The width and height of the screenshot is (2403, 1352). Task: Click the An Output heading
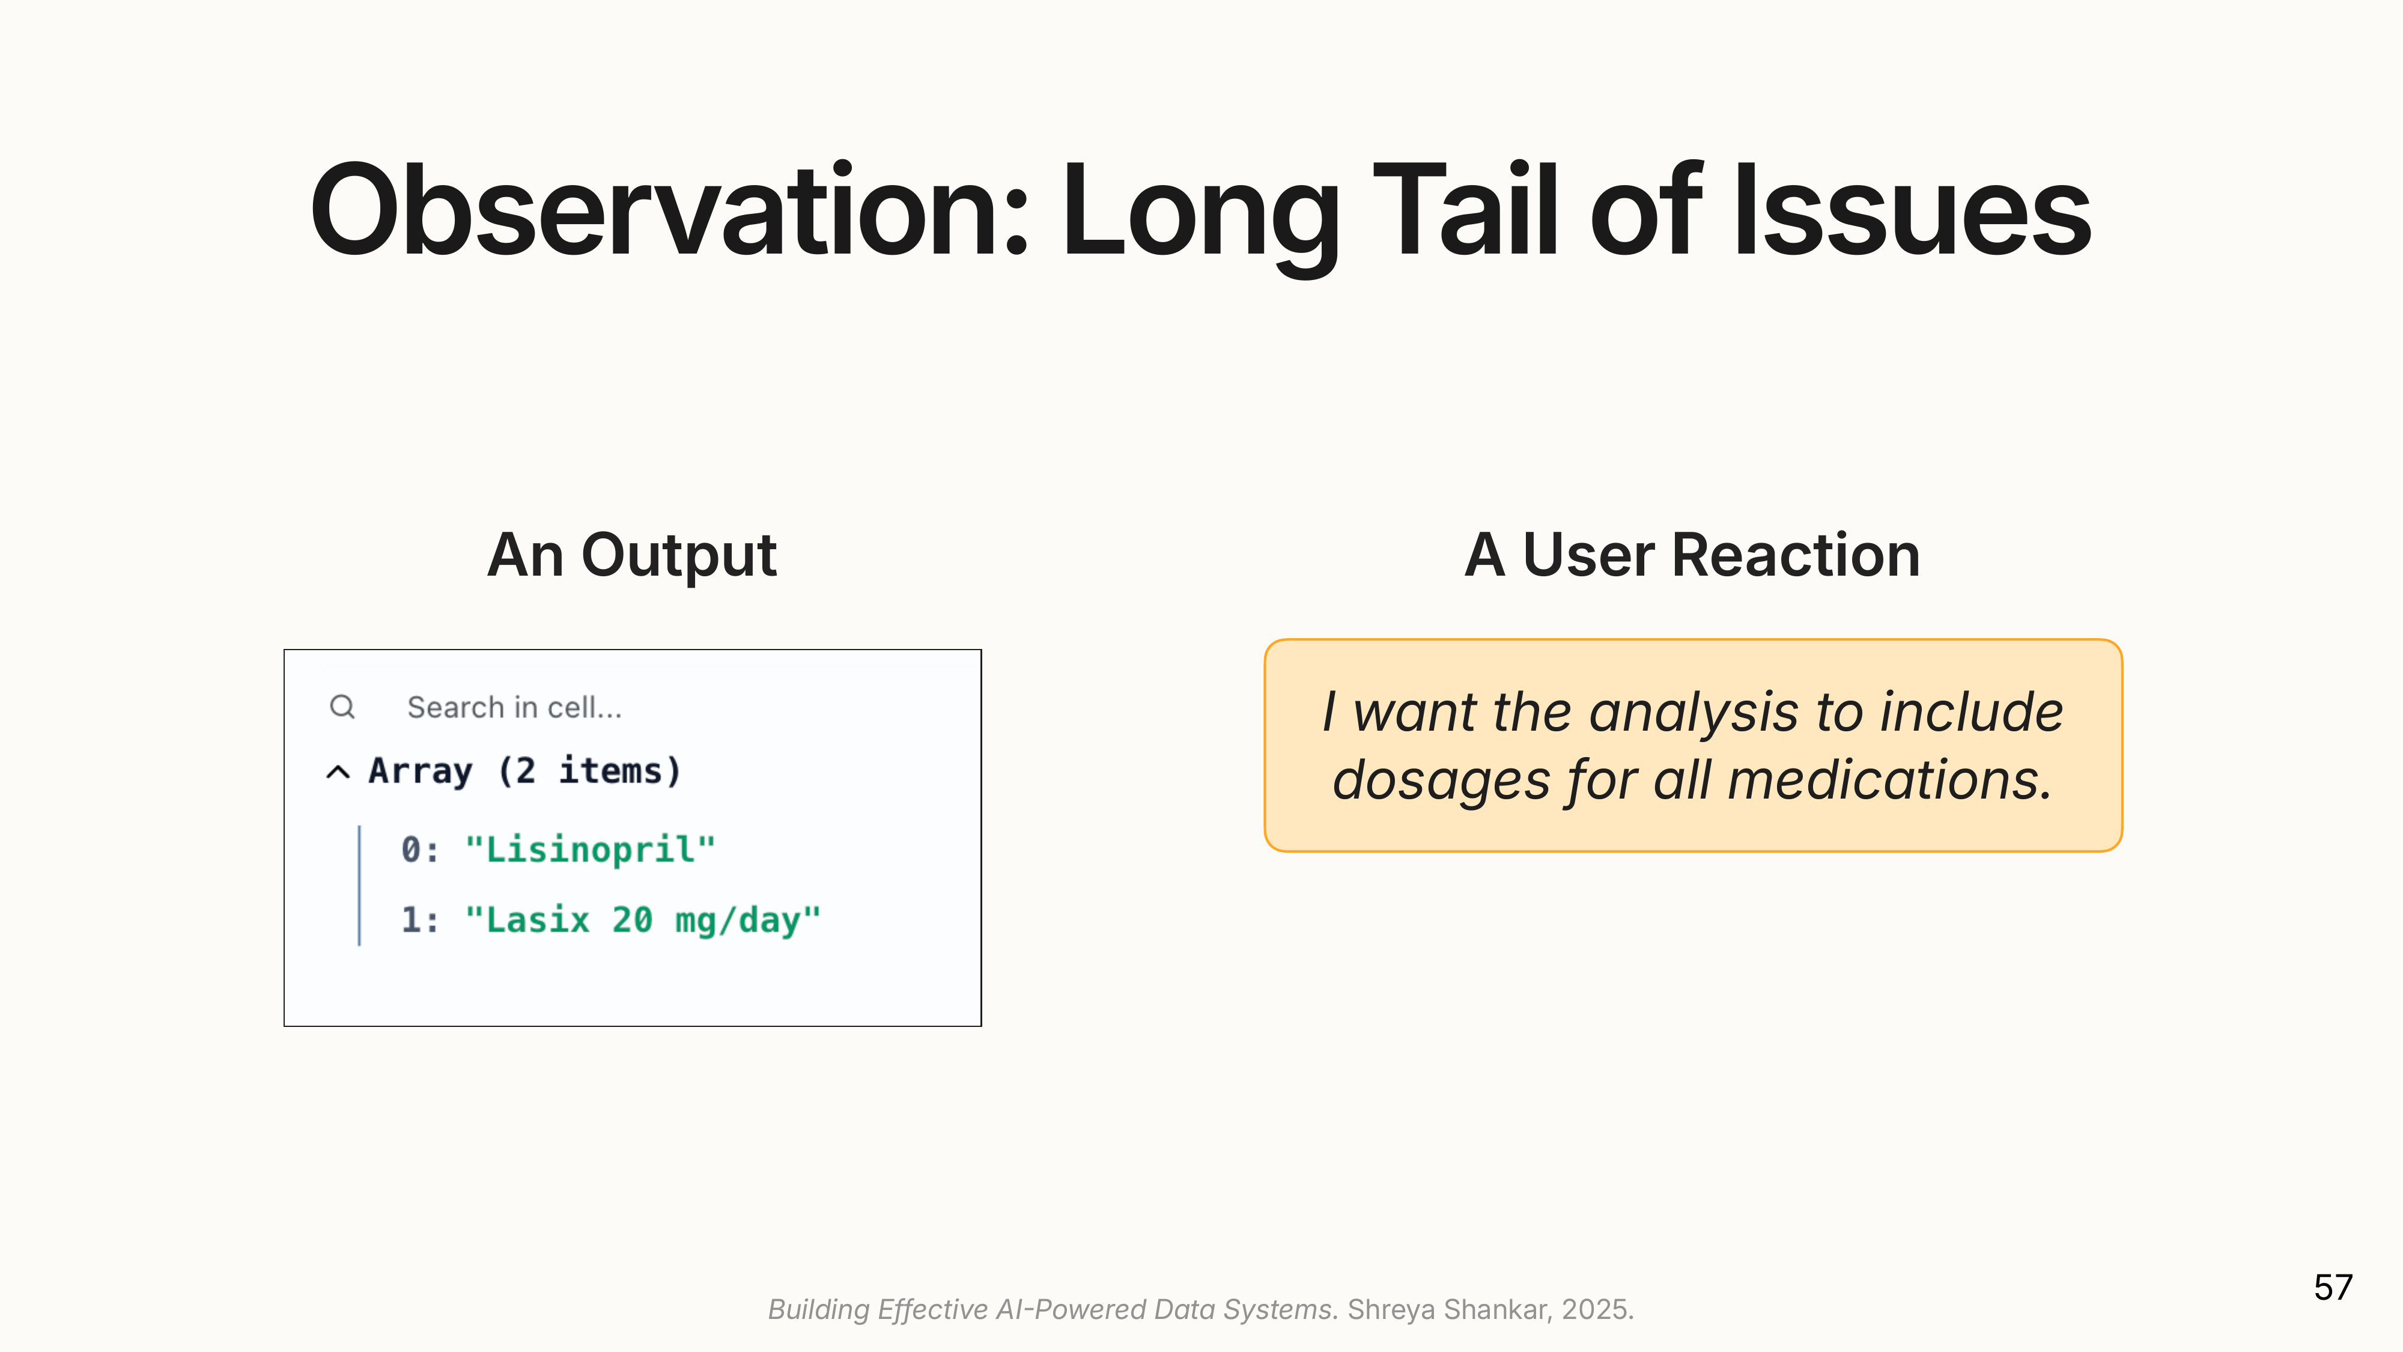pyautogui.click(x=631, y=556)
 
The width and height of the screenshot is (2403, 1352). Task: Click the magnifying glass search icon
pyautogui.click(x=342, y=706)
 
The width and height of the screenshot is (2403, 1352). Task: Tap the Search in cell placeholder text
pyautogui.click(x=514, y=707)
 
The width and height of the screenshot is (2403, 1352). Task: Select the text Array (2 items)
pyautogui.click(x=525, y=772)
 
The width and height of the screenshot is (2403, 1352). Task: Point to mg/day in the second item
pyautogui.click(x=737, y=922)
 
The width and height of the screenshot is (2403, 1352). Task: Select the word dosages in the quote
pyautogui.click(x=1441, y=781)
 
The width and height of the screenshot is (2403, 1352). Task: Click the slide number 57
pyautogui.click(x=2333, y=1288)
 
